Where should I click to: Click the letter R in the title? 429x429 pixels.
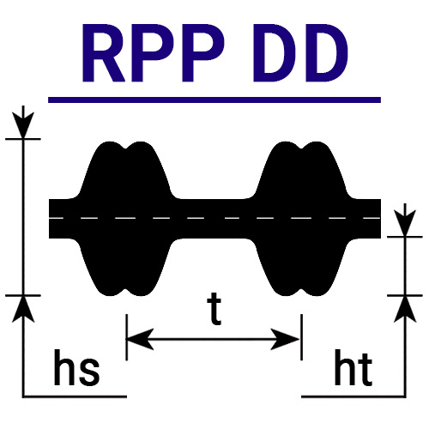point(104,53)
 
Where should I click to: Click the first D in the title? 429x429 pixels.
point(273,53)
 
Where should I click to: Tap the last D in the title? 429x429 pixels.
point(327,53)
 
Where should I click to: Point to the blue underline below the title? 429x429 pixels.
point(214,100)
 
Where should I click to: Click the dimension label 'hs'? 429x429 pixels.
point(76,367)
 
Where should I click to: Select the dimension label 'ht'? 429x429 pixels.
point(353,367)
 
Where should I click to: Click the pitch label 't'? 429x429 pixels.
point(214,309)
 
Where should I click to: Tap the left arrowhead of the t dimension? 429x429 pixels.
point(140,339)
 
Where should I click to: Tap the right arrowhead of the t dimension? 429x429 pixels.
point(285,339)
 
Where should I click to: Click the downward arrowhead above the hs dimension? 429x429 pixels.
point(23,125)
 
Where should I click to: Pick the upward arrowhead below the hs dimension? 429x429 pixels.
point(23,309)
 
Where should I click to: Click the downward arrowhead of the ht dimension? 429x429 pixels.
point(405,223)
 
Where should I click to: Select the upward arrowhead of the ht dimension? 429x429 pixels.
point(405,309)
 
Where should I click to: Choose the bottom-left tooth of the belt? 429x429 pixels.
point(125,267)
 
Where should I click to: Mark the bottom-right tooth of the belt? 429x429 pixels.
point(301,267)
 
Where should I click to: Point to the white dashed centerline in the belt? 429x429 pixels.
point(214,218)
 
